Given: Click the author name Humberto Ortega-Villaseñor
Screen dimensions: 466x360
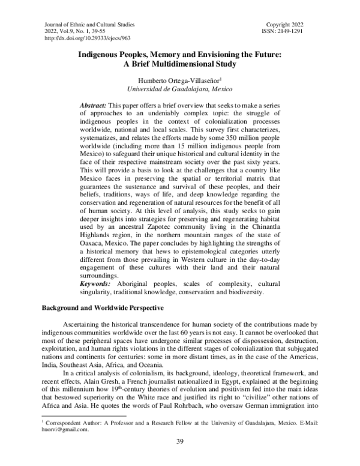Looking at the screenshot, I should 178,80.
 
